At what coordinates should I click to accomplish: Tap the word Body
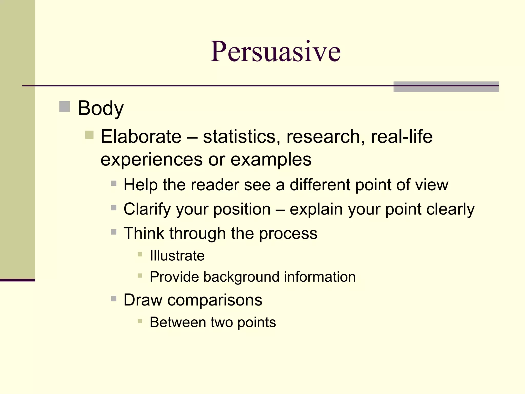pos(100,108)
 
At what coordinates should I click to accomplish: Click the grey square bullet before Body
pos(65,106)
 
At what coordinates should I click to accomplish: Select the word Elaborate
pos(141,136)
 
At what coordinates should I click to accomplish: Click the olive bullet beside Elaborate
pos(89,135)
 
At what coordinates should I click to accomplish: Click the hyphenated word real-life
pos(402,136)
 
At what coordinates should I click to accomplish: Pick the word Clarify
pos(147,209)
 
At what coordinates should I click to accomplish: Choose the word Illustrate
pos(177,256)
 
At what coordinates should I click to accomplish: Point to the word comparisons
pos(215,300)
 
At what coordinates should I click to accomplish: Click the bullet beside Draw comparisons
pos(114,299)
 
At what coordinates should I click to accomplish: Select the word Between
pos(178,322)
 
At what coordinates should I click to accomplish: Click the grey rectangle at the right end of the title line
pos(446,87)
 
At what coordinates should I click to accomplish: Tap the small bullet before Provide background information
pos(140,276)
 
